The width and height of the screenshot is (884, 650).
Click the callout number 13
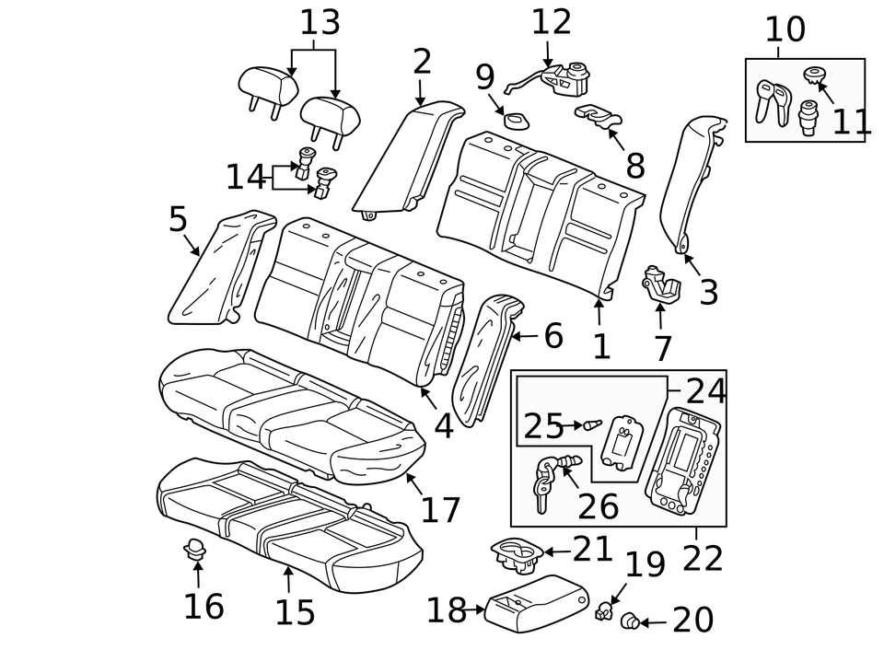click(x=319, y=22)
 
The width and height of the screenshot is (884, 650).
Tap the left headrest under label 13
click(x=268, y=85)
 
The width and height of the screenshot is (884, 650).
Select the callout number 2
click(x=422, y=62)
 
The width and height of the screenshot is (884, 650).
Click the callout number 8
click(x=634, y=166)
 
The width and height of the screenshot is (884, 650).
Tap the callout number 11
click(x=852, y=121)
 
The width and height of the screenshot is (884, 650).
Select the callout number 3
click(x=708, y=293)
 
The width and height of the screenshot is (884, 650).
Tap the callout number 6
click(x=552, y=336)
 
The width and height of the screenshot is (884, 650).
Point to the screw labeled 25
click(x=591, y=425)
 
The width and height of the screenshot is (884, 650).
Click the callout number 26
click(x=598, y=505)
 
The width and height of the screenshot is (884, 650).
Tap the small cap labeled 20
click(x=631, y=621)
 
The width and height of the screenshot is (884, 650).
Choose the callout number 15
click(x=295, y=611)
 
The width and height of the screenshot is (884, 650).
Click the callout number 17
click(x=440, y=509)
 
